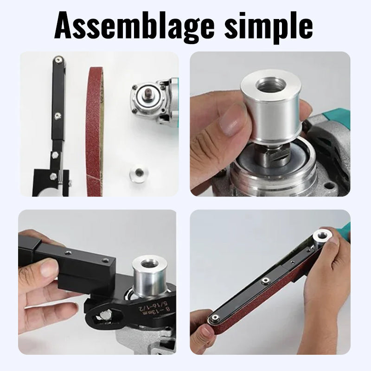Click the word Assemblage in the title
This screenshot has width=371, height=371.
pos(134,26)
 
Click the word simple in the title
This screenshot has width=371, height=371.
pos(269,26)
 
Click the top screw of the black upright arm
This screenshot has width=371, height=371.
pos(57,60)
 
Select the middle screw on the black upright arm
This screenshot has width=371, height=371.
pos(58,115)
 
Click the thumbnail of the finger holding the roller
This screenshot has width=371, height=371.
pos(229,125)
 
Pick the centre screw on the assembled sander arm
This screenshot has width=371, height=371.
pos(265,281)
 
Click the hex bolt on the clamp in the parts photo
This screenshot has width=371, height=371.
pos(55,155)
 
